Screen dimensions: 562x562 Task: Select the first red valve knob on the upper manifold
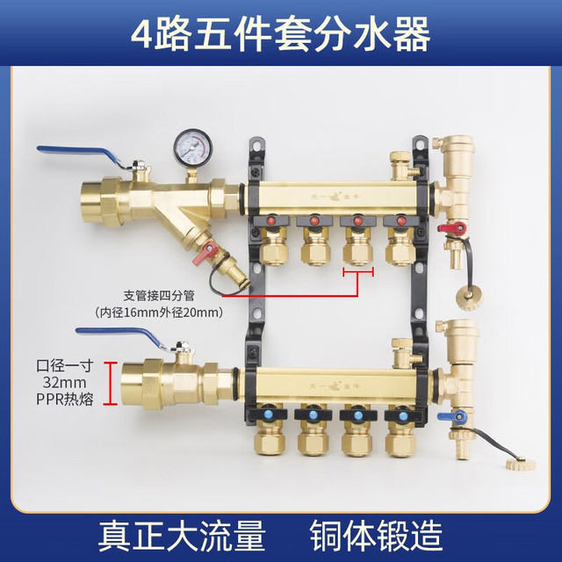pos(272,221)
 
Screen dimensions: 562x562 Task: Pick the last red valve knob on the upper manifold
pos(400,221)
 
